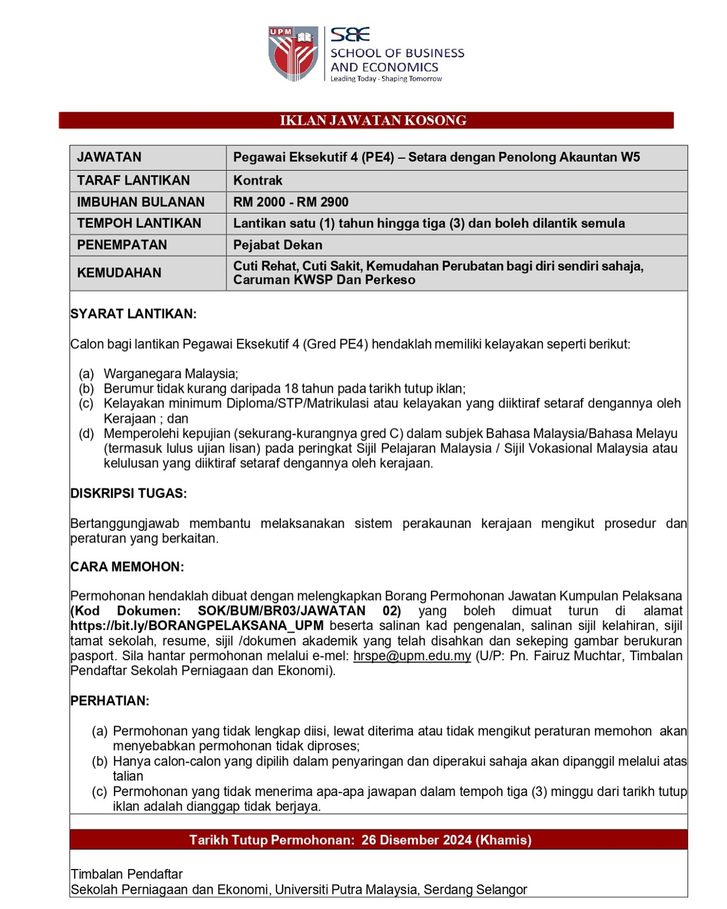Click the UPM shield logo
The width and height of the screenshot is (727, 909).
click(x=293, y=53)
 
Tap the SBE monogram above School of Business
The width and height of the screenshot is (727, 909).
click(x=350, y=34)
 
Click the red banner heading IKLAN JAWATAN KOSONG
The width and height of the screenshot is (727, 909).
click(x=373, y=120)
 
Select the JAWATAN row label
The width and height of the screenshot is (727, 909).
click(x=109, y=157)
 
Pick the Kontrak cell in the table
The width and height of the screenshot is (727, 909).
click(x=257, y=180)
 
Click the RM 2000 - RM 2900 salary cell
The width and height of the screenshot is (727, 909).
click(x=291, y=202)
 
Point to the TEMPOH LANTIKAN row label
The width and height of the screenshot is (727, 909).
click(x=139, y=223)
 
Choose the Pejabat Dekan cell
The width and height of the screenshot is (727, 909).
click(x=278, y=245)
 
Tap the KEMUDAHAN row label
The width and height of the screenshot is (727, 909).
click(x=119, y=273)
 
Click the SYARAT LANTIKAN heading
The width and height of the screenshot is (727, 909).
click(x=133, y=314)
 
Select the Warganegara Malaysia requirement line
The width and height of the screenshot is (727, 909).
click(x=171, y=374)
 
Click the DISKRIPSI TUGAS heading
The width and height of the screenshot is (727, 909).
click(x=128, y=493)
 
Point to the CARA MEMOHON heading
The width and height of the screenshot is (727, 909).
click(x=127, y=567)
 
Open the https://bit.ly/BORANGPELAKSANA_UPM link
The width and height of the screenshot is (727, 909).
click(x=197, y=626)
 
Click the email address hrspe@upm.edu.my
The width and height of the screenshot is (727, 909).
click(x=412, y=656)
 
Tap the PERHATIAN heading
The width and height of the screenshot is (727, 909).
click(x=110, y=701)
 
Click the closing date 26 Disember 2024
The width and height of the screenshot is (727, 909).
click(x=417, y=840)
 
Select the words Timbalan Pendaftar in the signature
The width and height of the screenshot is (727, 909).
click(x=127, y=874)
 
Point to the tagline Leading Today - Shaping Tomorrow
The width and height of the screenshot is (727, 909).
click(x=386, y=79)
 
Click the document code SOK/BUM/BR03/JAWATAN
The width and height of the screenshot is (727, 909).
click(x=281, y=611)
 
